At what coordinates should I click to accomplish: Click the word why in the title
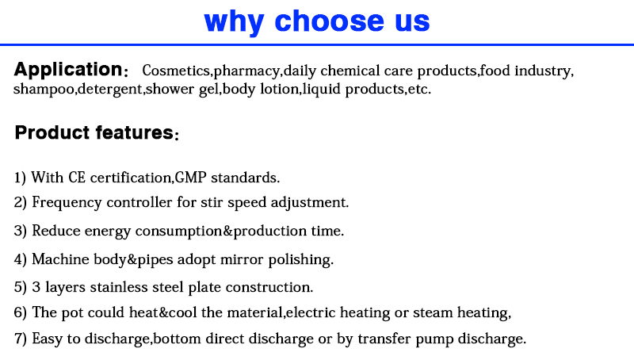click(x=234, y=22)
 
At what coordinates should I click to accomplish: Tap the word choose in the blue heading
click(x=329, y=21)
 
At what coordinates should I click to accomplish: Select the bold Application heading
click(x=68, y=70)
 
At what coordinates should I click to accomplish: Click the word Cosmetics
click(x=176, y=71)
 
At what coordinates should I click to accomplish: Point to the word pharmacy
click(x=246, y=71)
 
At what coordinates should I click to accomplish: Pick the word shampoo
click(x=44, y=90)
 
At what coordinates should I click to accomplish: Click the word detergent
click(x=109, y=90)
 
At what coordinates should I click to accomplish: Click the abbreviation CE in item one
click(x=77, y=177)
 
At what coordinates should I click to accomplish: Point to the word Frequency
click(x=67, y=203)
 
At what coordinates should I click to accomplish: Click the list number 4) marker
click(x=21, y=259)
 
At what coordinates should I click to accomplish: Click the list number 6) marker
click(x=21, y=312)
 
